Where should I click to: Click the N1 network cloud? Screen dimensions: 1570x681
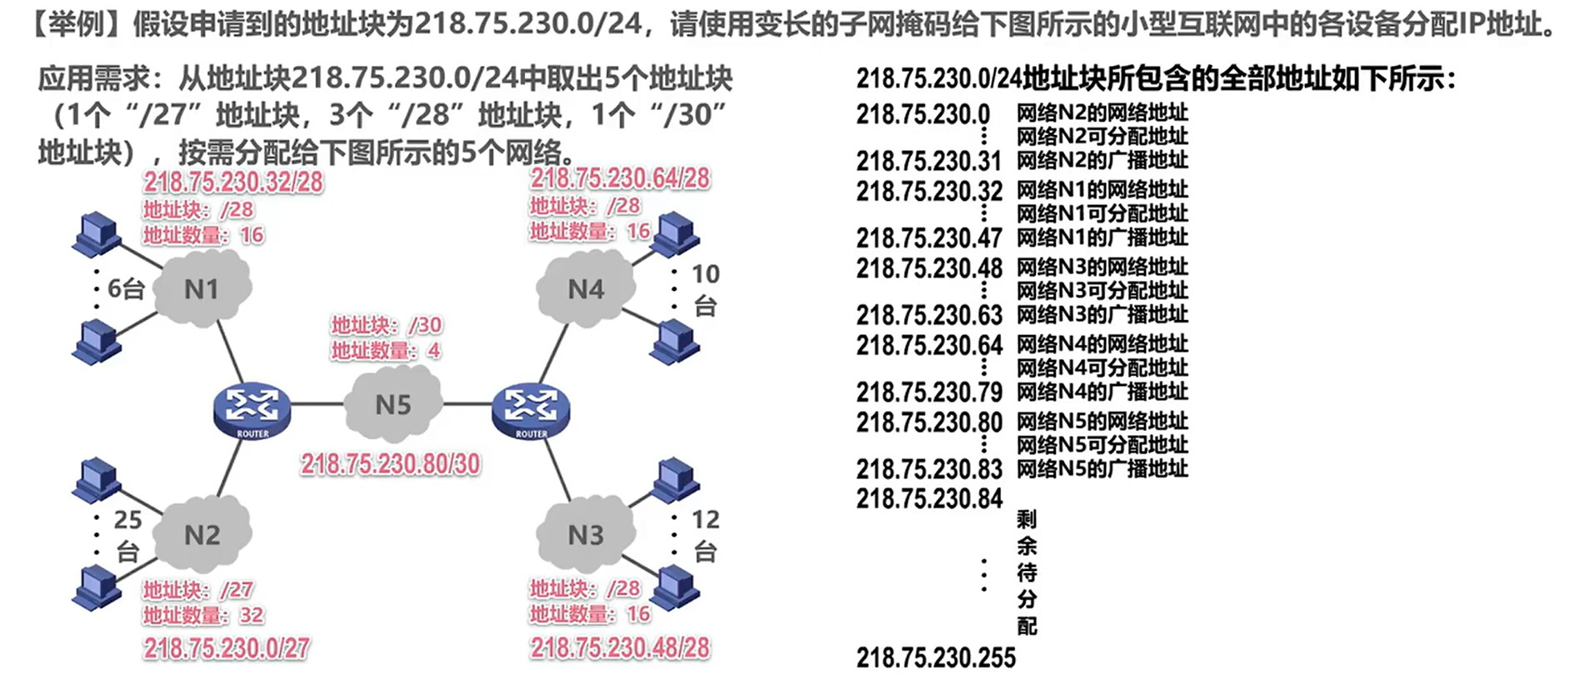[202, 288]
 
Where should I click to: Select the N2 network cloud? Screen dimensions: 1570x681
[202, 533]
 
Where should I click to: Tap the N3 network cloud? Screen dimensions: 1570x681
[586, 533]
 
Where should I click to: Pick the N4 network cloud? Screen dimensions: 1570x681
[586, 288]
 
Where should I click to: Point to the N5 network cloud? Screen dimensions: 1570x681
[392, 405]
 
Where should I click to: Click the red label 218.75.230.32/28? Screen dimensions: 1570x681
[233, 182]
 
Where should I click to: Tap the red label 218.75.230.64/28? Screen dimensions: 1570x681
[620, 178]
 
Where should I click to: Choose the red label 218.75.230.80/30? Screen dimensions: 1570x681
[390, 463]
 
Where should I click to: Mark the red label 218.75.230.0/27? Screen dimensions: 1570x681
[226, 648]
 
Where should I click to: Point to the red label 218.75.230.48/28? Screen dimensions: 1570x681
[620, 648]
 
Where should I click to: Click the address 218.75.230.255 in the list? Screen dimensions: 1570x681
[936, 658]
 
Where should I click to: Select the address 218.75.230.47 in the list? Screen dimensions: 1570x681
[929, 238]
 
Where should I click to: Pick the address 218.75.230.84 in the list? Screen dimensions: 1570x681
[929, 498]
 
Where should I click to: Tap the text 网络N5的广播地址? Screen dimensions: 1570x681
[1102, 468]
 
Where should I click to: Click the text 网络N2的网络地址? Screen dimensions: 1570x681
[1102, 113]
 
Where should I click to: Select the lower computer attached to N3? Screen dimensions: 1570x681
[675, 588]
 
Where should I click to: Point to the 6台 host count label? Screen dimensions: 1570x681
[127, 288]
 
